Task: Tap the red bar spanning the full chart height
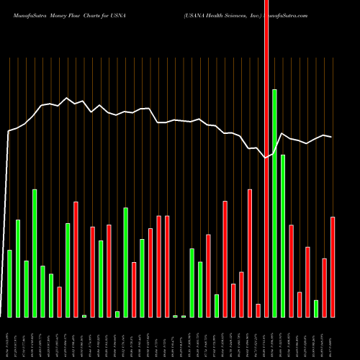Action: [266, 158]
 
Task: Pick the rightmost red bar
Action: [333, 266]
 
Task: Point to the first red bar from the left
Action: [59, 302]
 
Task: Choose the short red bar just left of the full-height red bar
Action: [258, 310]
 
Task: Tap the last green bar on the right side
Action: [316, 308]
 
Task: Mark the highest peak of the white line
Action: [67, 98]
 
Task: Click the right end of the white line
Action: [332, 137]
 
